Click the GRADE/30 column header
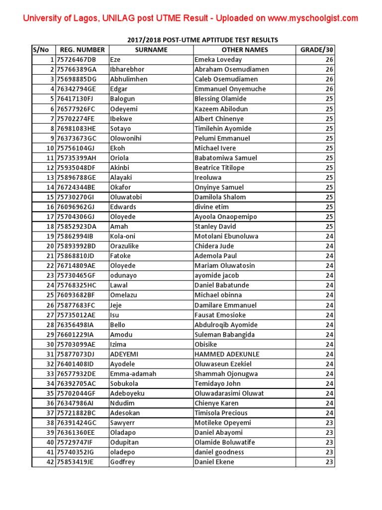(316, 50)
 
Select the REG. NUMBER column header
(82, 50)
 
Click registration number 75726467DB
(76, 60)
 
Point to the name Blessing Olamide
(221, 99)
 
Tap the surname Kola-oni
(122, 237)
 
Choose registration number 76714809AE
(76, 266)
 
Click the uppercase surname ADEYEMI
(124, 355)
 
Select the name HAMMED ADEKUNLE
(227, 355)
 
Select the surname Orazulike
(124, 247)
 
